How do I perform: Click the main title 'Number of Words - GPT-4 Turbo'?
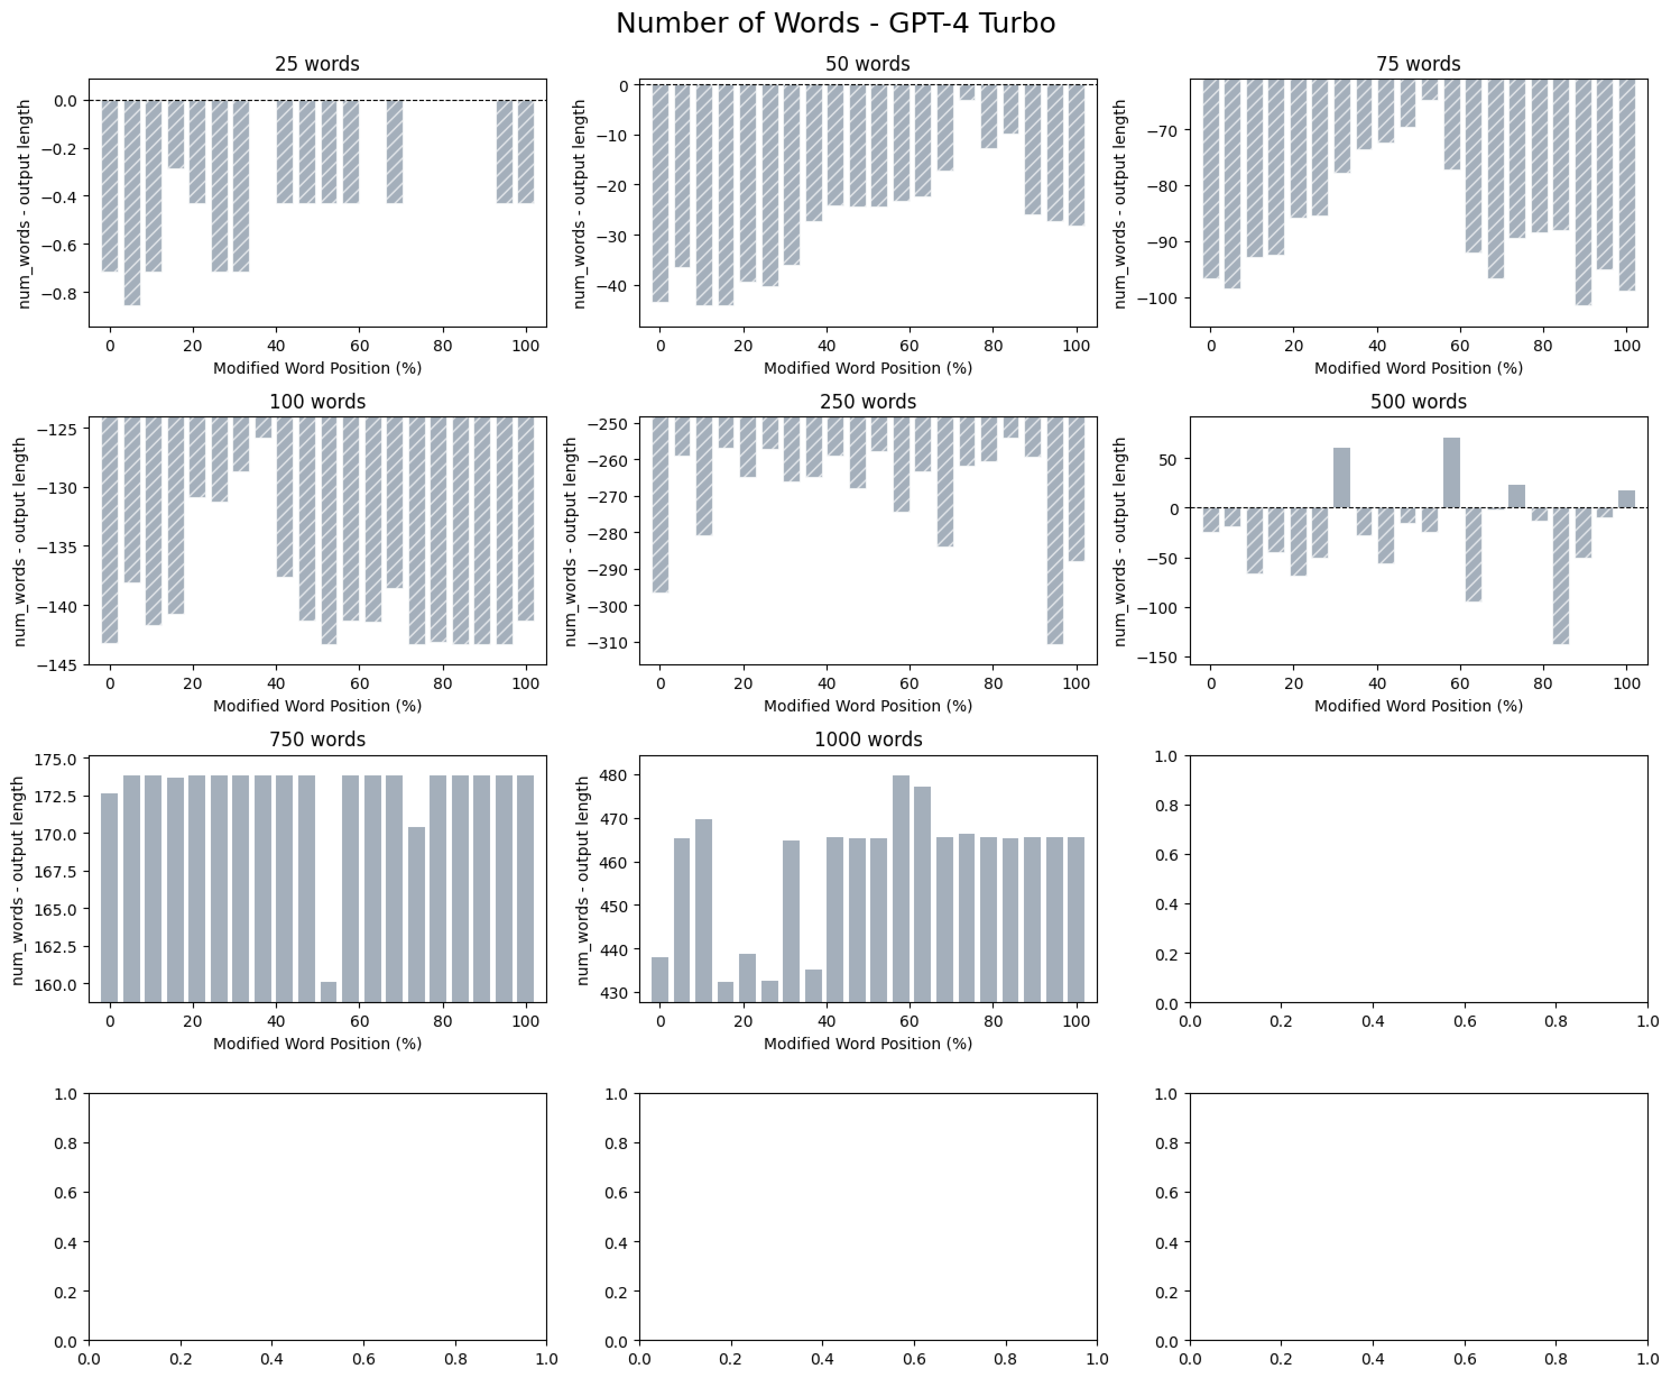click(x=835, y=23)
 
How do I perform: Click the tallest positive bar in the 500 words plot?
click(x=1451, y=473)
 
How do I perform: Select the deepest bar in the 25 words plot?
click(x=132, y=203)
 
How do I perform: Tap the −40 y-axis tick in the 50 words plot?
click(x=611, y=286)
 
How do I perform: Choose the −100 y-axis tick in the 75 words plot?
click(x=1158, y=298)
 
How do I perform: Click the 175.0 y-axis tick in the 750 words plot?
click(x=55, y=760)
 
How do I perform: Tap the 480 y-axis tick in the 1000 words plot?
click(x=616, y=775)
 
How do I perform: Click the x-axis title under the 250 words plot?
click(x=867, y=706)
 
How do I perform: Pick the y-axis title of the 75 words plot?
click(x=1120, y=204)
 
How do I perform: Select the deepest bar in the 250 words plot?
click(x=1055, y=530)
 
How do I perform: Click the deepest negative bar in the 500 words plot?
click(x=1561, y=576)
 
